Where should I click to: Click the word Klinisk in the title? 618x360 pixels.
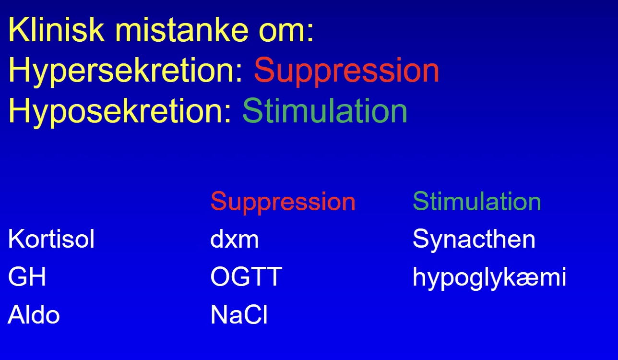[x=57, y=29]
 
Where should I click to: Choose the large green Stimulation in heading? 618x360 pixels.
[x=325, y=110]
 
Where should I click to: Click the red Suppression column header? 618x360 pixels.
[x=283, y=203]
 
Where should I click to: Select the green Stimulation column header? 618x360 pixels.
[x=477, y=201]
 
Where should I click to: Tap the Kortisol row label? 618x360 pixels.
[x=51, y=239]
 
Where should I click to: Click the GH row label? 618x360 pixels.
[x=27, y=276]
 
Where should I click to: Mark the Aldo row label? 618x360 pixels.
[x=34, y=314]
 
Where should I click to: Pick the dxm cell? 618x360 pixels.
[x=235, y=239]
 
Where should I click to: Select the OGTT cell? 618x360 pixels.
[x=246, y=276]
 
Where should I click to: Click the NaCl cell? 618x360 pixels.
[x=239, y=314]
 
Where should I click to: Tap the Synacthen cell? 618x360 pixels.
[x=474, y=240]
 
